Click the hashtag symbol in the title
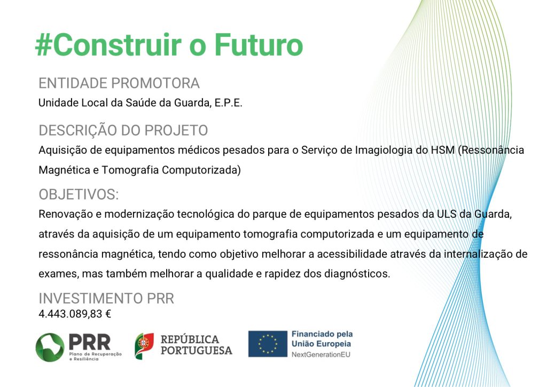click(44, 45)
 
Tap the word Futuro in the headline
click(259, 45)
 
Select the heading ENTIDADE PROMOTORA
click(119, 83)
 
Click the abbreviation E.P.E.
click(228, 103)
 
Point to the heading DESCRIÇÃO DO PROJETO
click(123, 130)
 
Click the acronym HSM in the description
click(443, 150)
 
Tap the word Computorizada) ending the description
click(201, 170)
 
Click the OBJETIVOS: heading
click(79, 194)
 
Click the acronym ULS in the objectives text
click(447, 214)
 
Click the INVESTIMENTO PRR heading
click(106, 298)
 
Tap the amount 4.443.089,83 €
click(75, 314)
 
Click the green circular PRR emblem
click(50, 347)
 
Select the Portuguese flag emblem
click(144, 346)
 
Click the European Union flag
click(268, 344)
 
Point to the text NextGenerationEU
click(321, 354)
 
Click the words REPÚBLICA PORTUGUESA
click(196, 345)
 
